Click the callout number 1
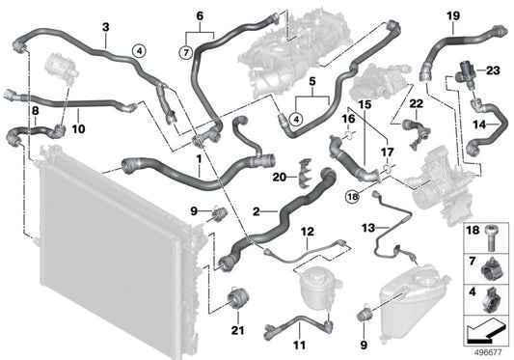[199, 157]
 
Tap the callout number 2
[257, 210]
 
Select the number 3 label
[104, 28]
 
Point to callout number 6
[201, 16]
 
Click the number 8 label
[37, 113]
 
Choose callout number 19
[453, 16]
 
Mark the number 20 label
[280, 178]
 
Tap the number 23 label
[493, 69]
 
